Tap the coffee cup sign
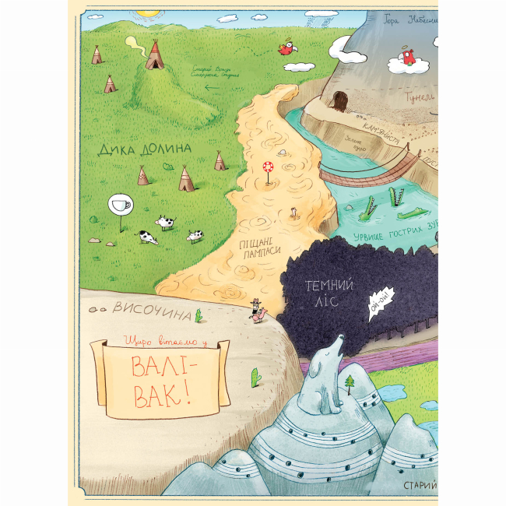click(121, 205)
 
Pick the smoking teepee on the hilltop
click(155, 55)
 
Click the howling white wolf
click(328, 373)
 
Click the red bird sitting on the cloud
click(406, 56)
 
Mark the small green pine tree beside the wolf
click(351, 382)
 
